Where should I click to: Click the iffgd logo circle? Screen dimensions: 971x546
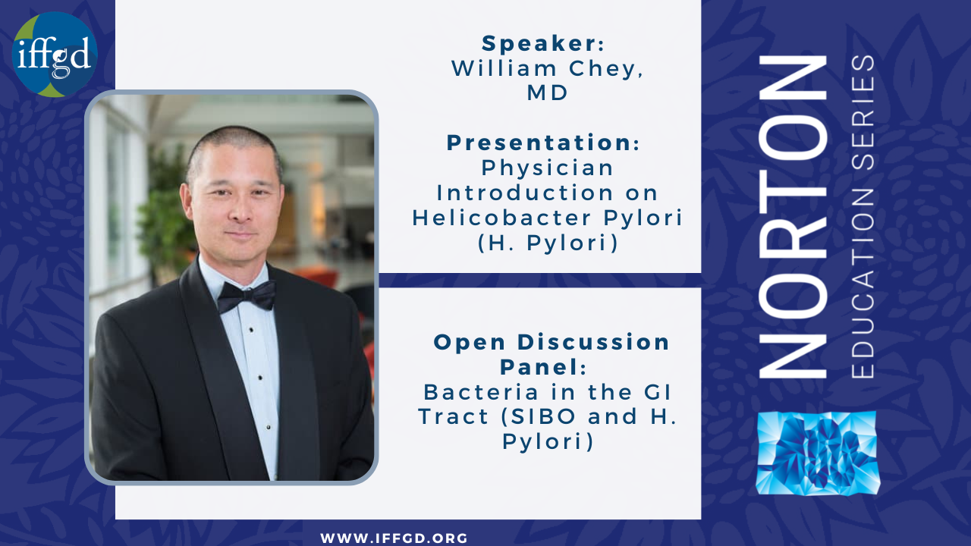(55, 55)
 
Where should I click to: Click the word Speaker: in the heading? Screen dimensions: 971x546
(543, 44)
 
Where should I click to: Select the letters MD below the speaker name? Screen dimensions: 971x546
(547, 93)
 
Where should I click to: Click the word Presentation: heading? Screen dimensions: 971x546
(543, 143)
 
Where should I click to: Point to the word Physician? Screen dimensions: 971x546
(548, 168)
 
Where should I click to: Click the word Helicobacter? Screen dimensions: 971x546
(501, 218)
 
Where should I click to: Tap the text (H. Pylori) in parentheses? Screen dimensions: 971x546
(548, 243)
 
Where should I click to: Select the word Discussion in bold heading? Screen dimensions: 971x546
(593, 342)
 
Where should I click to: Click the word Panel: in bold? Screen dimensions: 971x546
(544, 367)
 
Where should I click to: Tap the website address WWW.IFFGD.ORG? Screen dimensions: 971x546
(394, 538)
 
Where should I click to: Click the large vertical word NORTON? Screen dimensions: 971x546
(793, 217)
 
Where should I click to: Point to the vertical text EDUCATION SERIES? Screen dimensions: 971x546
(863, 217)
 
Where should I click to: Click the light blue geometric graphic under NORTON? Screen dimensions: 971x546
(817, 453)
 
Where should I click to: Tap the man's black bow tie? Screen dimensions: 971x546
(246, 297)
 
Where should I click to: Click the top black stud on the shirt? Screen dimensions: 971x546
(251, 330)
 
